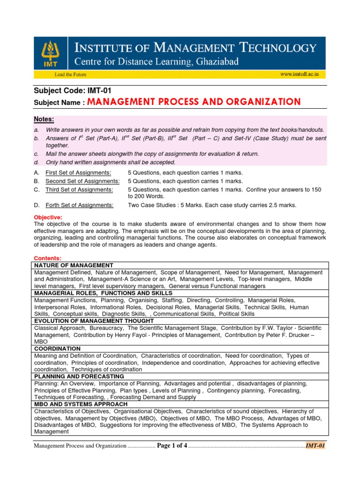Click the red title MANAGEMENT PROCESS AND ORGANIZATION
pyautogui.click(x=194, y=102)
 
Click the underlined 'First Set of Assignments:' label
pyautogui.click(x=78, y=172)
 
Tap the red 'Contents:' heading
pyautogui.click(x=48, y=258)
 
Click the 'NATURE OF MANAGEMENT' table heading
pyautogui.click(x=74, y=265)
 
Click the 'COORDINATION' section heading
pyautogui.click(x=57, y=349)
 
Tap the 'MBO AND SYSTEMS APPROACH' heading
pyautogui.click(x=79, y=404)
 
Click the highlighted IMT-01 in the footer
pyautogui.click(x=315, y=446)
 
